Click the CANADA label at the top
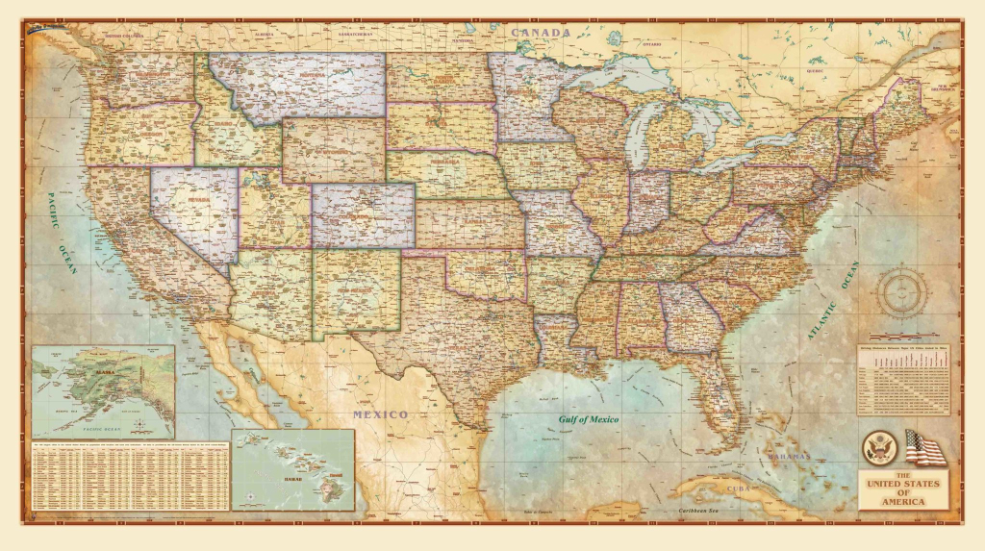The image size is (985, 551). point(542,33)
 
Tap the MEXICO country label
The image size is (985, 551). point(379,414)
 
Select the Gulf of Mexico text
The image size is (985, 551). point(589,419)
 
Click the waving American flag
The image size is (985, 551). point(924,448)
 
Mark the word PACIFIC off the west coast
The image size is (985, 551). point(55,204)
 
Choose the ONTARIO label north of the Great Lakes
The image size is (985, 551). point(652,44)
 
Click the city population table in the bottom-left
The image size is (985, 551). point(130,481)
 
